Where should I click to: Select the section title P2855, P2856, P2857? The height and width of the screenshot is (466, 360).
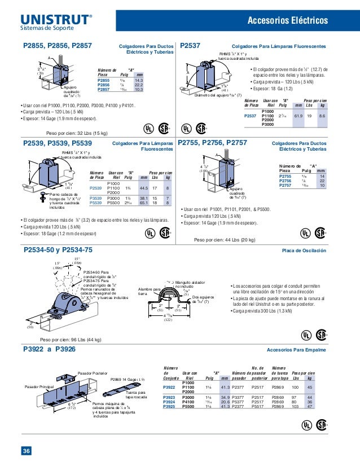point(58,46)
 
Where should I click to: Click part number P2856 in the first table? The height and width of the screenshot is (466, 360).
point(103,85)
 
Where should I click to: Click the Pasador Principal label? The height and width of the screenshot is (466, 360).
point(39,386)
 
